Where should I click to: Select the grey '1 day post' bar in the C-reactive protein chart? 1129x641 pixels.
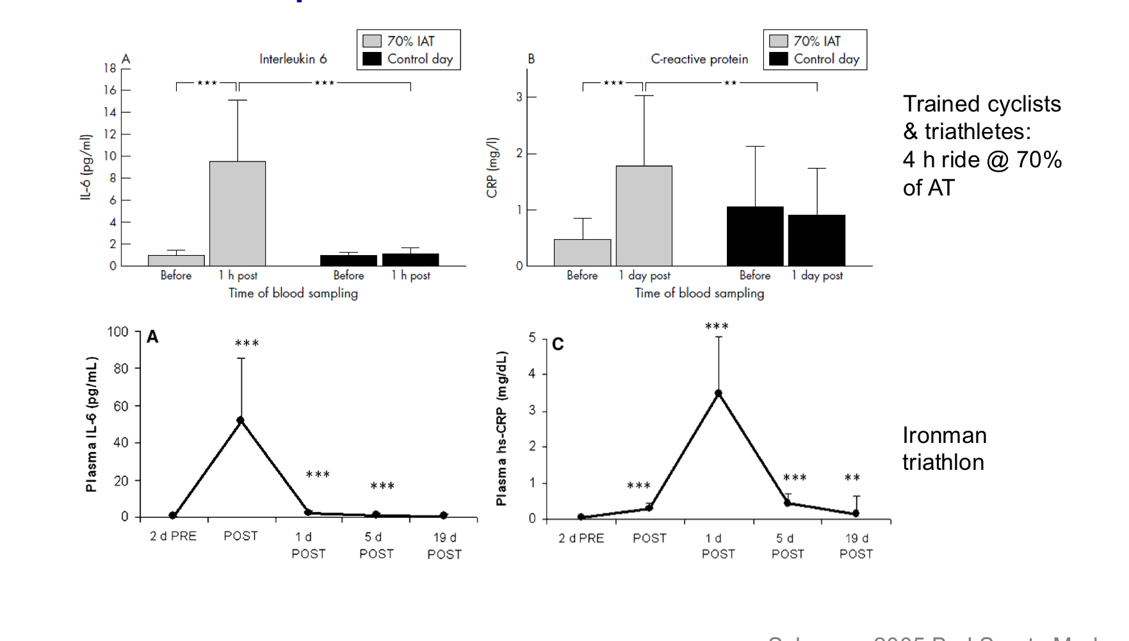(x=644, y=216)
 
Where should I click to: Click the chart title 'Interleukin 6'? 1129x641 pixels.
(x=293, y=59)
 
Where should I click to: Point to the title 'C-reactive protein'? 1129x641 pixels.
(x=699, y=59)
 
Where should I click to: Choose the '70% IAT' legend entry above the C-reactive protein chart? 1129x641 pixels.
(x=805, y=41)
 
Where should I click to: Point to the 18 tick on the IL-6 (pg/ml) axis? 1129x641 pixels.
(x=110, y=68)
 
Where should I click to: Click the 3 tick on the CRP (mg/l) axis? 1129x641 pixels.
(x=519, y=97)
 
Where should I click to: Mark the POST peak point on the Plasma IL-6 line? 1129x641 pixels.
(x=241, y=420)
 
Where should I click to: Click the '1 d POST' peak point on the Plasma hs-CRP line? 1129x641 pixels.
(x=719, y=394)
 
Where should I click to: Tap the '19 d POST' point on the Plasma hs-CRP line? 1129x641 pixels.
(x=856, y=513)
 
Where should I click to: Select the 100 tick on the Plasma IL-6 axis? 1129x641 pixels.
(x=118, y=332)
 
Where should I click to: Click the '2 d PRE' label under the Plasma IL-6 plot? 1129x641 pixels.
(x=173, y=536)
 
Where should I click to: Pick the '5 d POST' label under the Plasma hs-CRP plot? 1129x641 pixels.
(x=787, y=546)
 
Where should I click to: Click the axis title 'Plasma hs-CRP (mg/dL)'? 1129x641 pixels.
(x=501, y=428)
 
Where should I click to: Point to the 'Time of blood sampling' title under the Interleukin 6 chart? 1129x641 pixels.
(x=293, y=293)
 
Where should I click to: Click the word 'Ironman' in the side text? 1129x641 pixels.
(x=945, y=435)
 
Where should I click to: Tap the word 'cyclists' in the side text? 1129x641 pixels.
(x=1021, y=104)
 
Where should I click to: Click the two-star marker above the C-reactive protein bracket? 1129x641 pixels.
(x=730, y=83)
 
